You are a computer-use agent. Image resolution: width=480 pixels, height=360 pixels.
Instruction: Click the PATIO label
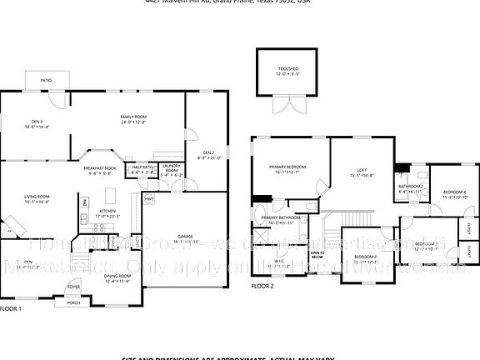[47, 80]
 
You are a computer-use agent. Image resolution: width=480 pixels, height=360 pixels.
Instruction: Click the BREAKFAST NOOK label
[99, 168]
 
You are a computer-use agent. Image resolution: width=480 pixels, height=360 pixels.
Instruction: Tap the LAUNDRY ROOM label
[171, 169]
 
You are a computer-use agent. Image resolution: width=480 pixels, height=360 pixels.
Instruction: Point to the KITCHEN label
[108, 212]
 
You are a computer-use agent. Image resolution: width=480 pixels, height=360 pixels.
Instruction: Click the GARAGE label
[184, 237]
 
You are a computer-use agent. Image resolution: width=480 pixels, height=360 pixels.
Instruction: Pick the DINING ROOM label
[117, 276]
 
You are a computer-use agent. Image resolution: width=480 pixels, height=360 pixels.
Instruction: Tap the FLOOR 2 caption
[262, 286]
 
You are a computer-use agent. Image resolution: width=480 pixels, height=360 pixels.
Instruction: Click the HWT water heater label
[149, 199]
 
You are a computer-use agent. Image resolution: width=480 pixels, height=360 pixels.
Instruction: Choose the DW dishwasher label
[85, 202]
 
